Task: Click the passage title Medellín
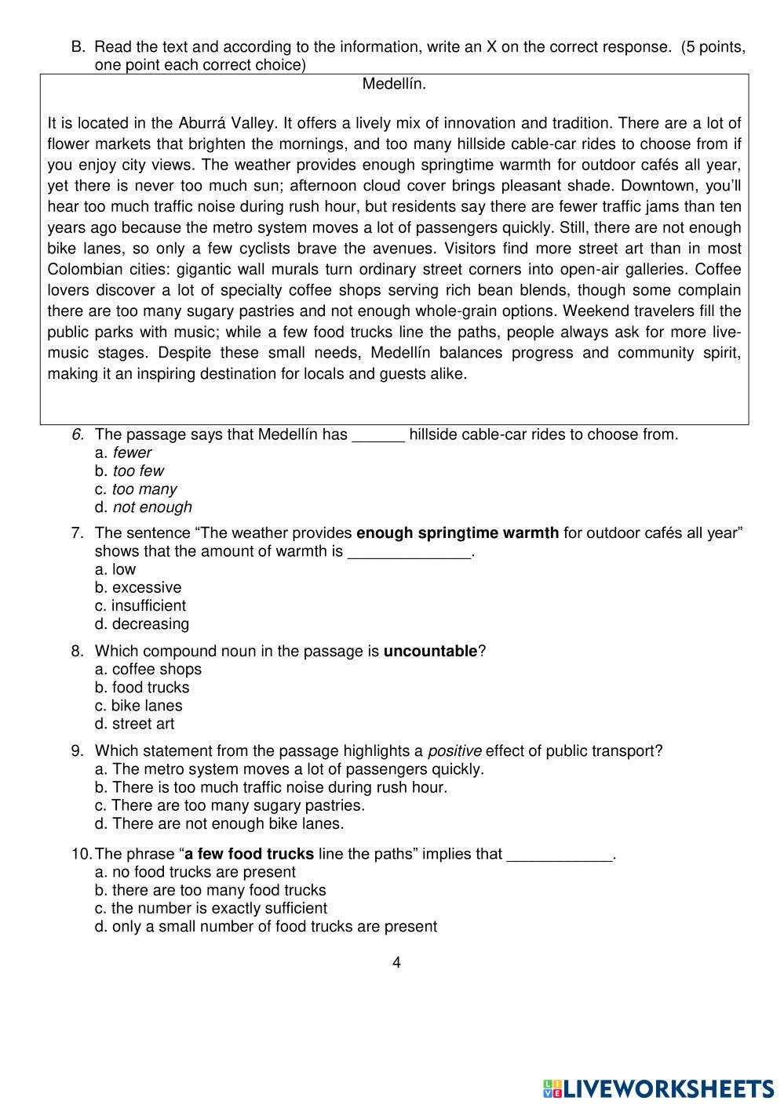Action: click(394, 84)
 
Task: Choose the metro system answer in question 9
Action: click(290, 769)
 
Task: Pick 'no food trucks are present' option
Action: click(195, 872)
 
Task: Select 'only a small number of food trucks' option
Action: click(266, 927)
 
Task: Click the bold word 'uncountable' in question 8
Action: click(430, 652)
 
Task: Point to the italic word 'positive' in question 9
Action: click(454, 751)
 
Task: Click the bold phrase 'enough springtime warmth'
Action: click(458, 533)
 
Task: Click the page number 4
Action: click(396, 963)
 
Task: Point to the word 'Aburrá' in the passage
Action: click(206, 123)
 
